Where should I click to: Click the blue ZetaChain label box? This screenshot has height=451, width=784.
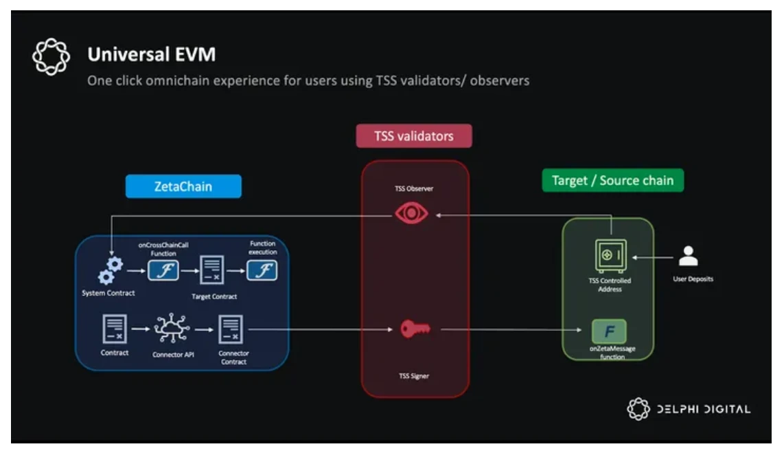click(x=183, y=186)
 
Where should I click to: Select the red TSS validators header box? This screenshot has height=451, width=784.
click(x=414, y=135)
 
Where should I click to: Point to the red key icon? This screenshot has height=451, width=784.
click(x=415, y=330)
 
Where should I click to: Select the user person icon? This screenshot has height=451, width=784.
click(x=688, y=256)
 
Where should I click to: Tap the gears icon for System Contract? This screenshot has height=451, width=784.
click(x=111, y=269)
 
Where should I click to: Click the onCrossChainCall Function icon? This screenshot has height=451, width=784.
click(x=163, y=271)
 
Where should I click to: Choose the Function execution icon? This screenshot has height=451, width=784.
click(x=263, y=271)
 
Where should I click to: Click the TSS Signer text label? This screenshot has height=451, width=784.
click(x=415, y=376)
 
